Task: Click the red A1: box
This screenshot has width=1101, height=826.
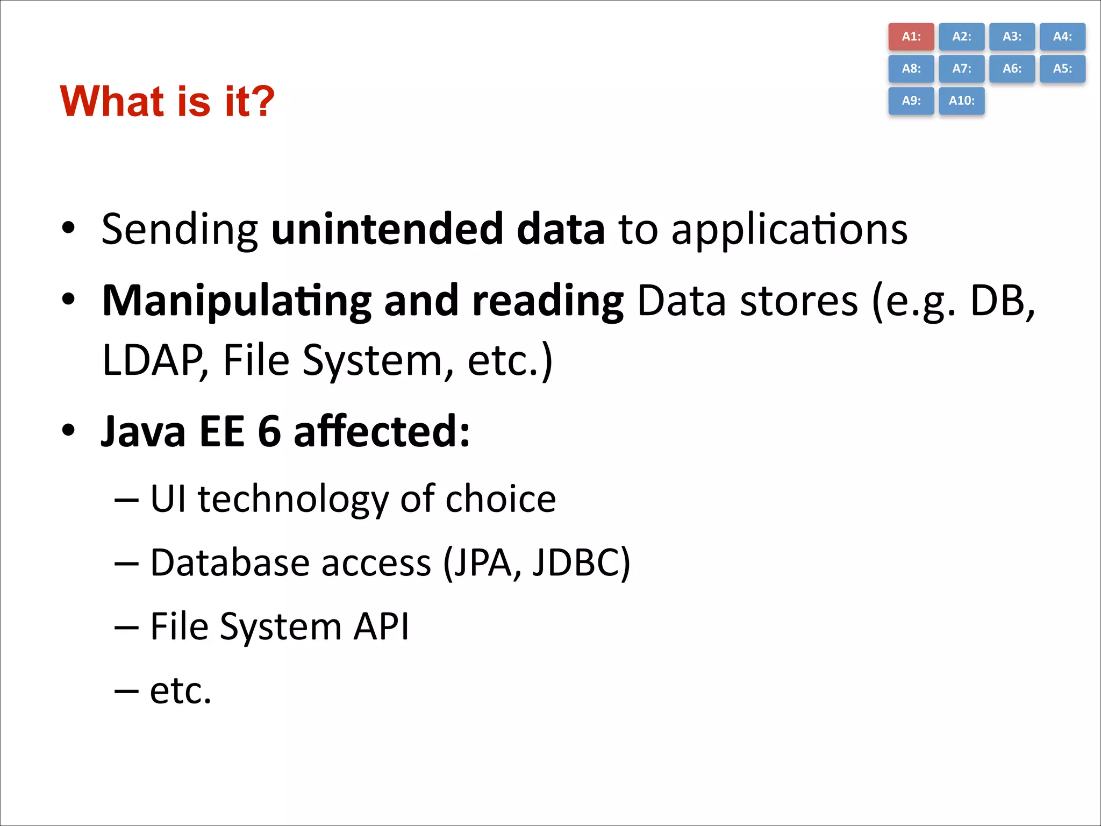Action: click(x=911, y=37)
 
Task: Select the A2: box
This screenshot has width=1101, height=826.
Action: click(x=961, y=37)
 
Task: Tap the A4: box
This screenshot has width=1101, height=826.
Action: click(x=1062, y=37)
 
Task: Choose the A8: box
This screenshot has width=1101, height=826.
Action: click(x=911, y=69)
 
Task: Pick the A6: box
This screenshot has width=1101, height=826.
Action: click(x=1012, y=69)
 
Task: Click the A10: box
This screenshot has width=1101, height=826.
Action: click(x=961, y=101)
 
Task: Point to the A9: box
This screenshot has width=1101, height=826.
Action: click(x=911, y=101)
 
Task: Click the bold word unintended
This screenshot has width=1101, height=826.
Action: click(x=387, y=229)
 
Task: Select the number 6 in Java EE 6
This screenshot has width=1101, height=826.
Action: click(x=269, y=432)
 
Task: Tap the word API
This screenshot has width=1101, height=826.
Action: click(x=381, y=626)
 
